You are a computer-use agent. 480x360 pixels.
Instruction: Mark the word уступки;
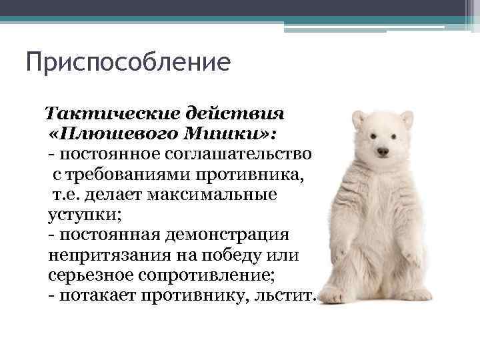tap(77, 217)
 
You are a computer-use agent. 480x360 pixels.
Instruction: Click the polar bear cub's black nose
tap(383, 152)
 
